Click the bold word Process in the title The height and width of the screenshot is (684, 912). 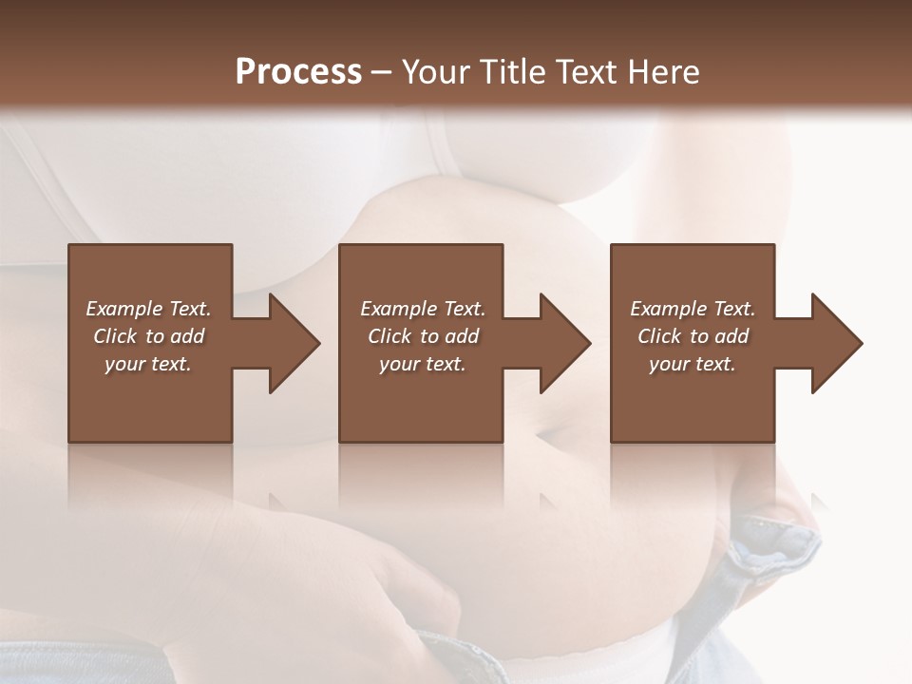[298, 71]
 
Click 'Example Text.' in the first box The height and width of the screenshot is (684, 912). [148, 309]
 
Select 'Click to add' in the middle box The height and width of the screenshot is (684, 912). [423, 336]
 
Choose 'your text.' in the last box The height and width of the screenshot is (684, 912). [693, 364]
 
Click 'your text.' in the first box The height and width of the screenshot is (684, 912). [148, 364]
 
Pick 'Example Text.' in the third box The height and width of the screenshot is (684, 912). [693, 309]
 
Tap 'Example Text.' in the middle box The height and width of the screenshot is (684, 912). [423, 309]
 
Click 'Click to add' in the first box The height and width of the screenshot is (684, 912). [148, 336]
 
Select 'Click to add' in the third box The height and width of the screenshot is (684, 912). [693, 336]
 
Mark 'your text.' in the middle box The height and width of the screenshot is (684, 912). [423, 364]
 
